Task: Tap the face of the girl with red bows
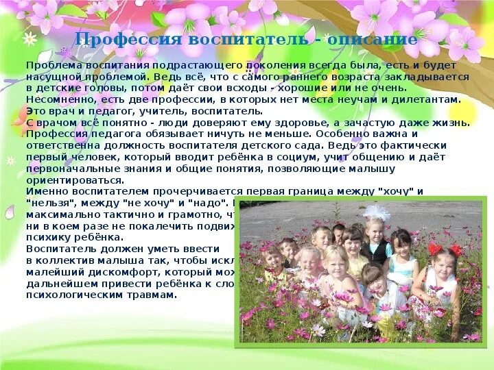(x=443, y=264)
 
